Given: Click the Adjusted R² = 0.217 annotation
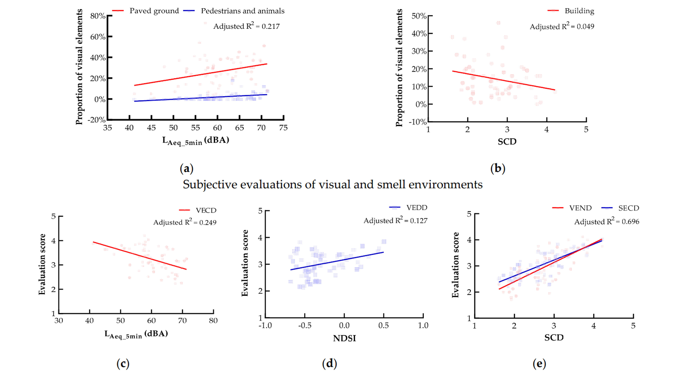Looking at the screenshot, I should coord(246,26).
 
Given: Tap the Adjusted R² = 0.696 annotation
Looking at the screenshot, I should coord(606,221).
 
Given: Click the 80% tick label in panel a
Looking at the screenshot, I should coord(98,16).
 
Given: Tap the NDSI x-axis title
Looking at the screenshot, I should coord(344,338).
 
